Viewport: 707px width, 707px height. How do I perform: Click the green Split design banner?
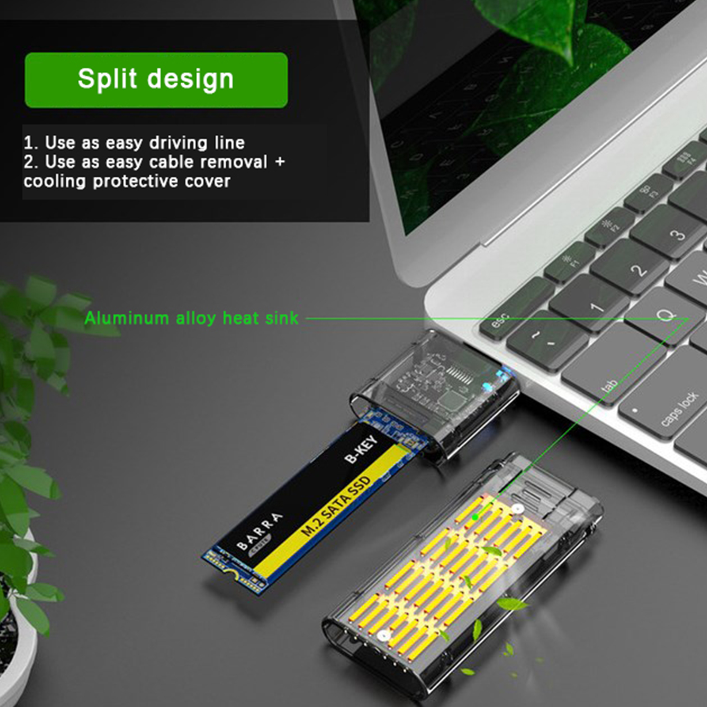(156, 80)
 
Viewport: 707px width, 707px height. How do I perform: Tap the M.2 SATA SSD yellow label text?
(336, 506)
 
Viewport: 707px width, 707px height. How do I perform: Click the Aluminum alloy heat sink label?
(191, 318)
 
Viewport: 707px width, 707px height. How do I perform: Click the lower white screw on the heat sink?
(383, 636)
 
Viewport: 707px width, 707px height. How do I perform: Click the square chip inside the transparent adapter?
(450, 400)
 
